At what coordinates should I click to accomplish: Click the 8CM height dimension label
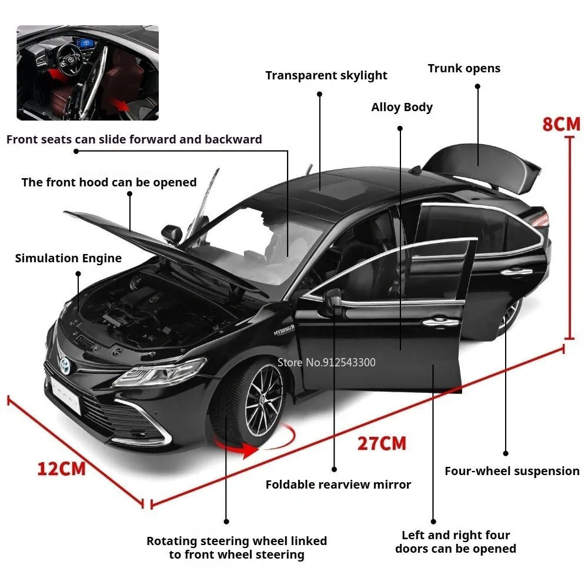(561, 124)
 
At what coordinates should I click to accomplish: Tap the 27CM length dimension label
(382, 443)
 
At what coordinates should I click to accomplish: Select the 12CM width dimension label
(62, 469)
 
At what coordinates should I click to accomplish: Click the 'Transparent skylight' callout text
(326, 75)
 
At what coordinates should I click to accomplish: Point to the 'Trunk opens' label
(464, 68)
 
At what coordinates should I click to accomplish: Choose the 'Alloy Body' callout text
(402, 107)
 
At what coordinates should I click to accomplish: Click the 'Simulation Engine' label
(68, 258)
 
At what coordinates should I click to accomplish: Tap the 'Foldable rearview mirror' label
(338, 485)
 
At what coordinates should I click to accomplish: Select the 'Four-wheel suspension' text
(512, 471)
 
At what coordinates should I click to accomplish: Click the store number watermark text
(326, 362)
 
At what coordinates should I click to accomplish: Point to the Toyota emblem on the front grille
(65, 365)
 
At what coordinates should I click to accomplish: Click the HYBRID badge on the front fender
(283, 330)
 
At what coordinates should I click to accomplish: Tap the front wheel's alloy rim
(263, 399)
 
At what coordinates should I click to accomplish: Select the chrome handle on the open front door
(440, 322)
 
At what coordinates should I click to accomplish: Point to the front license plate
(66, 395)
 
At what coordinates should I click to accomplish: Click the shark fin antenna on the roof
(416, 171)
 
